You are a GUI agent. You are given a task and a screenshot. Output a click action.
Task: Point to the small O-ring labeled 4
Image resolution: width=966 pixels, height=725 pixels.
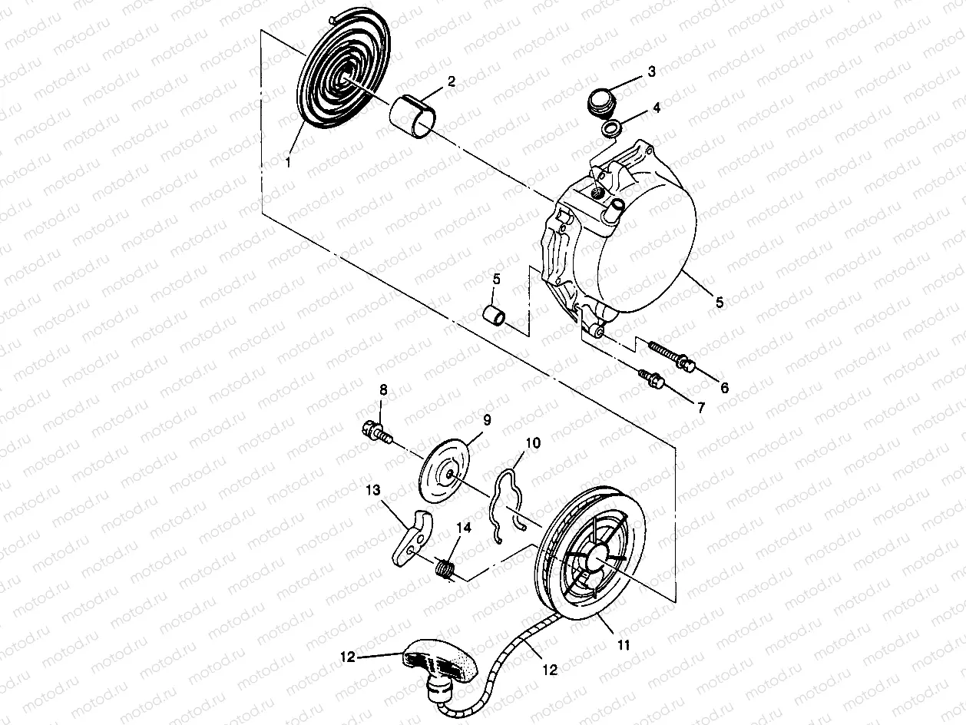[611, 129]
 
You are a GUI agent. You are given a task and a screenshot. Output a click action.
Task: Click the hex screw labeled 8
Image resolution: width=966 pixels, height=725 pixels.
[375, 432]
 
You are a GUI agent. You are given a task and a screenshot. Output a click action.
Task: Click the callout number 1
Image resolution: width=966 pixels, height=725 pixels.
[288, 162]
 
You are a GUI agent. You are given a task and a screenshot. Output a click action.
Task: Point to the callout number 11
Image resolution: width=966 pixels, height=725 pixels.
[623, 646]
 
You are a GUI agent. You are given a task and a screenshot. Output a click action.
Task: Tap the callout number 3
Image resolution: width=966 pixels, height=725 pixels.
[651, 71]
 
